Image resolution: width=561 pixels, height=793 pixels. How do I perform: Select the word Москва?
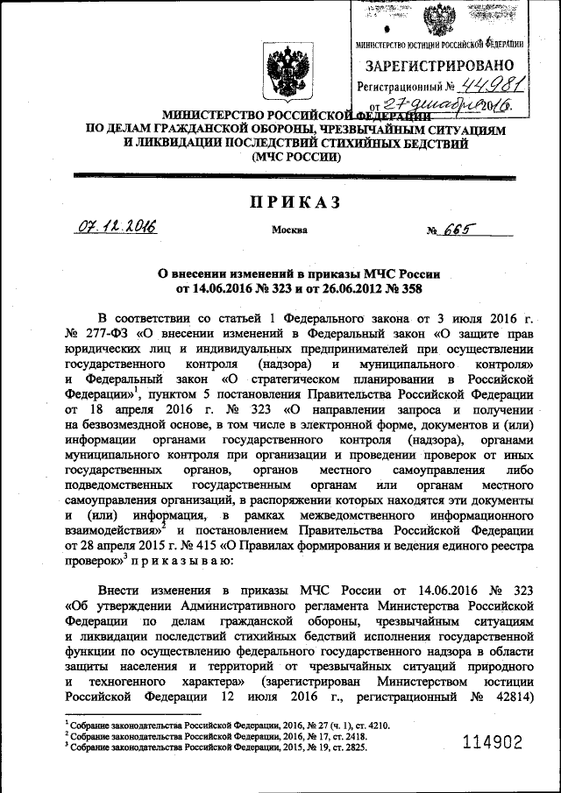coord(290,231)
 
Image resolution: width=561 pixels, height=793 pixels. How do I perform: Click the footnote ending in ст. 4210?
coord(228,726)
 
